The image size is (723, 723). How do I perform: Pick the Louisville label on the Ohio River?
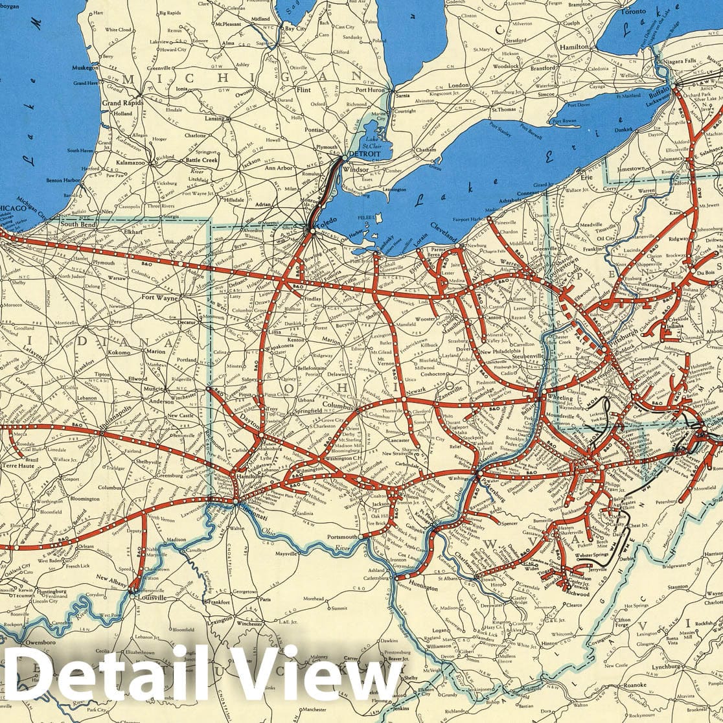(154, 597)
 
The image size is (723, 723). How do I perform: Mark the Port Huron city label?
(371, 90)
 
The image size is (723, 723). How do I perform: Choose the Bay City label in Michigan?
(295, 29)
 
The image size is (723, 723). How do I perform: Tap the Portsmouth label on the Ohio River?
(342, 537)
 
